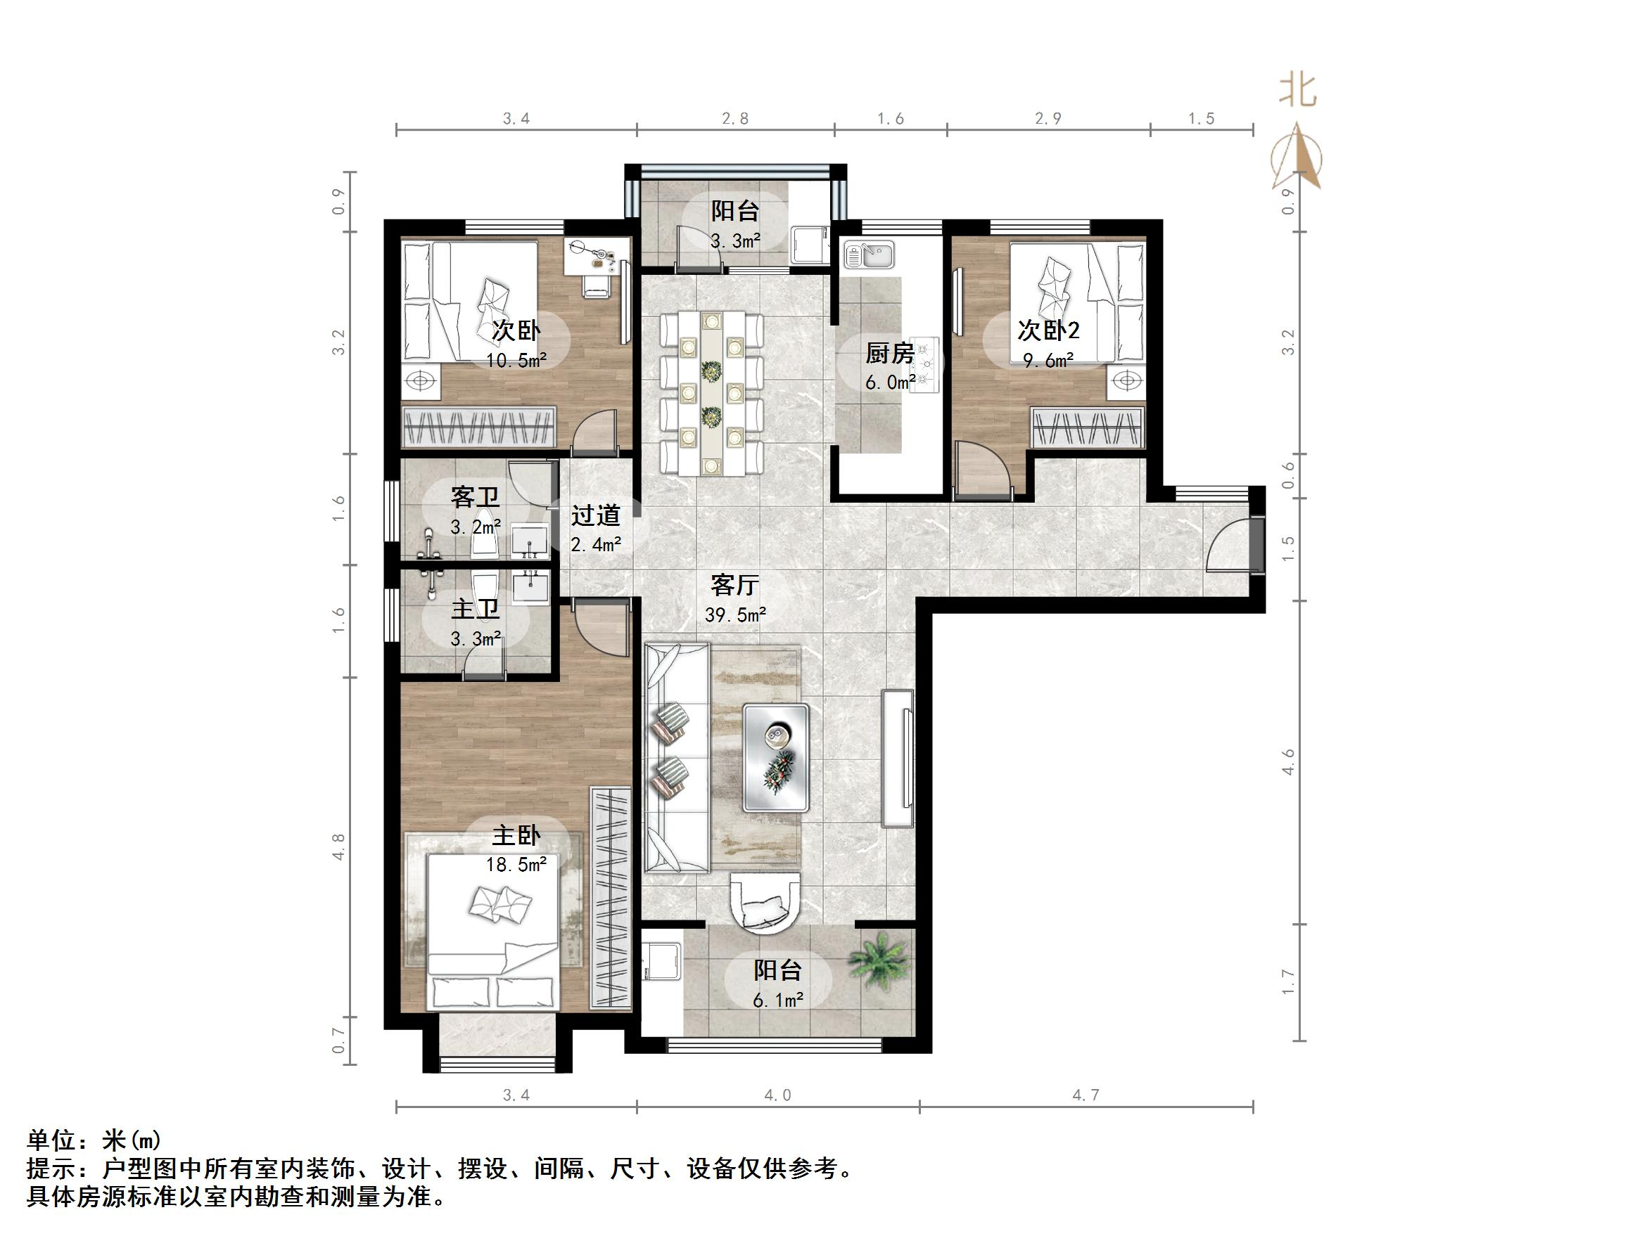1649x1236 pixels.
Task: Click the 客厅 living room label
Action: (734, 585)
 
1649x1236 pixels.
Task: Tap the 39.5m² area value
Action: (735, 615)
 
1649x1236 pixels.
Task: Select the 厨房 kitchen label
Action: (889, 353)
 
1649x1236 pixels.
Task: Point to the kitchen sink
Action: (870, 255)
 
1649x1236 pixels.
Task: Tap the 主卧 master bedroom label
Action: (516, 835)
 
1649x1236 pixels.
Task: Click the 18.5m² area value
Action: (516, 865)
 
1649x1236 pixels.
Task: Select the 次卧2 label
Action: (1048, 330)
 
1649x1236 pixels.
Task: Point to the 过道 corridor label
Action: (596, 515)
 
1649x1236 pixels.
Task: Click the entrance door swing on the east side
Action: (1229, 548)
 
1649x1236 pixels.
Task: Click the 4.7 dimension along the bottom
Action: (1085, 1095)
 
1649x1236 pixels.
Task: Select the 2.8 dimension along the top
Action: (735, 118)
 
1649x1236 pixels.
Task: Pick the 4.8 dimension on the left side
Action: (338, 847)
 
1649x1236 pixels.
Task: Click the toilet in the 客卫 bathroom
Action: (486, 534)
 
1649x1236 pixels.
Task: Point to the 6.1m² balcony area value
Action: (777, 1000)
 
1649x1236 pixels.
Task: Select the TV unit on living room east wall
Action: (898, 759)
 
